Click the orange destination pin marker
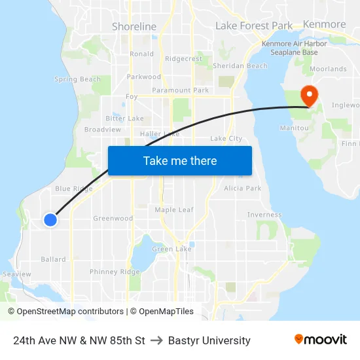307,96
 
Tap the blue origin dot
50,220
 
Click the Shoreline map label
134,27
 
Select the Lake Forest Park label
254,26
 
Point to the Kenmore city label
325,24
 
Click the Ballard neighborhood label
53,259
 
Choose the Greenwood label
113,219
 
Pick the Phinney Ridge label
115,272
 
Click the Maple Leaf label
174,209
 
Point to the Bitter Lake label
124,118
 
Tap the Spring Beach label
77,79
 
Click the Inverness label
264,215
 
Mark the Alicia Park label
242,188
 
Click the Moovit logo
320,340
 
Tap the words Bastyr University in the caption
209,340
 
